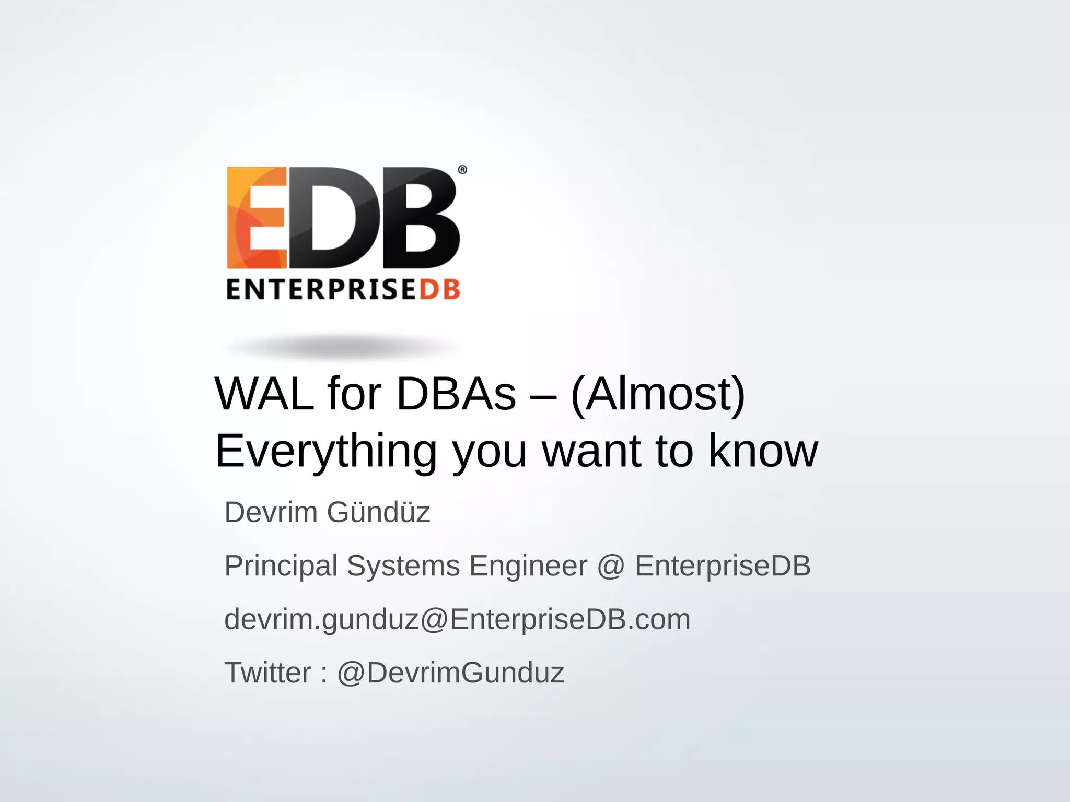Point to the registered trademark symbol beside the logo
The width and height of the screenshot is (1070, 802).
pos(462,170)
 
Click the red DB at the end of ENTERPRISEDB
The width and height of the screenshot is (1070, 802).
pos(439,290)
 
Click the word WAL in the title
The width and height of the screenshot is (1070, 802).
pos(264,394)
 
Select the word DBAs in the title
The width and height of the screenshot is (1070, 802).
pos(456,394)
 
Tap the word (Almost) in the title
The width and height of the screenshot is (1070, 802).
pos(658,394)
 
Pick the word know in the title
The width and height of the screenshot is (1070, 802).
pos(763,451)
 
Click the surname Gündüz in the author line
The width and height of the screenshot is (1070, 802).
pos(378,512)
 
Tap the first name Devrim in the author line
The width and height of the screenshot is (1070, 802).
pos(271,512)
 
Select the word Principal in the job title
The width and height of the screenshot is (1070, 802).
pos(281,566)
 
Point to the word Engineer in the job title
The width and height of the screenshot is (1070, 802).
pos(528,566)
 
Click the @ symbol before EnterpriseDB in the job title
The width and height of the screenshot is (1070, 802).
pos(611,566)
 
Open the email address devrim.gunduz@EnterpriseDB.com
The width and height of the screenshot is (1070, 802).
pos(457,620)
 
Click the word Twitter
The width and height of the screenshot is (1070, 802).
pos(267,673)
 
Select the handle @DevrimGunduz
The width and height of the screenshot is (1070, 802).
pos(450,673)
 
